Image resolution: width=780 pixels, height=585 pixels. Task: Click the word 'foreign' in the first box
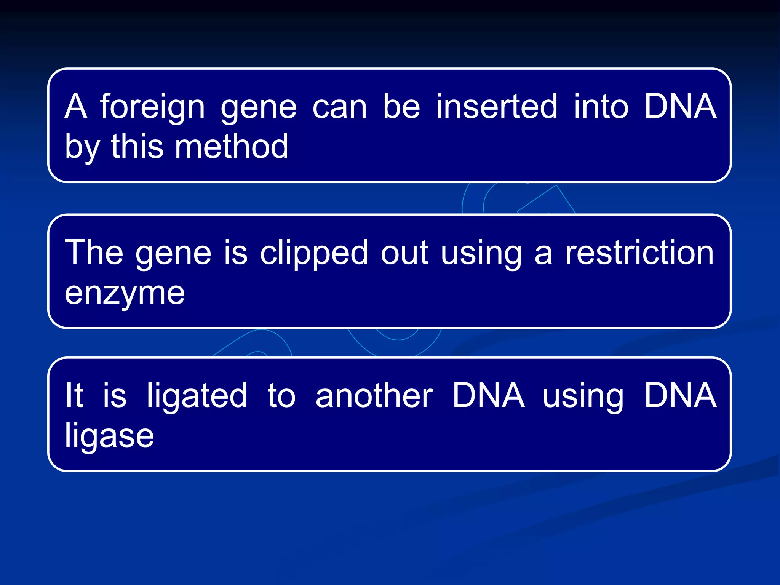point(152,107)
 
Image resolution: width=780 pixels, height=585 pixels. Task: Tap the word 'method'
point(232,147)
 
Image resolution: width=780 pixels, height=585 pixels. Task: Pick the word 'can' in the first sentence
point(339,107)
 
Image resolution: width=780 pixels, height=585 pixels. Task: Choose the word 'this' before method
point(137,147)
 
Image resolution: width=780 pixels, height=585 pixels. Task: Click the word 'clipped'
point(314,253)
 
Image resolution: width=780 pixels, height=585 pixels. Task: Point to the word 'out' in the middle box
point(404,253)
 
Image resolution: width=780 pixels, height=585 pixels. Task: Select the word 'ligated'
point(197,396)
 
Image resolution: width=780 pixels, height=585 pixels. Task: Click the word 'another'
point(374,396)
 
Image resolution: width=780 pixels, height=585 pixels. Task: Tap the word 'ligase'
point(109,436)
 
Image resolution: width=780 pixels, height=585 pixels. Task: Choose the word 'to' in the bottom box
point(281,396)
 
